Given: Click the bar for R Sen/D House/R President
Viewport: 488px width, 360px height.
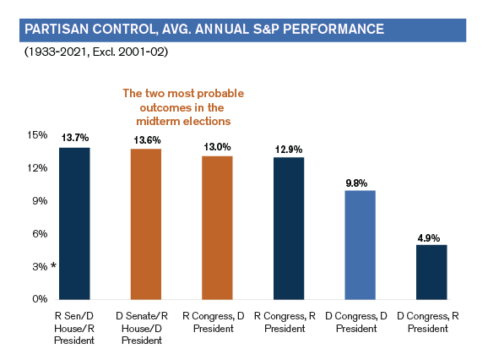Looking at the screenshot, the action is point(74,224).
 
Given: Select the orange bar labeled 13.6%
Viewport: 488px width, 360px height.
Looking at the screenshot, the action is point(146,224).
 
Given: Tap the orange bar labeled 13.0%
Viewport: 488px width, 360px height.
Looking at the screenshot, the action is point(217,227).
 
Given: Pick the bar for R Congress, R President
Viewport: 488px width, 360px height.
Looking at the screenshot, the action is point(289,228).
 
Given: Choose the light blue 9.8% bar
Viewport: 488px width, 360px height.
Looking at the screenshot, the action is point(360,245).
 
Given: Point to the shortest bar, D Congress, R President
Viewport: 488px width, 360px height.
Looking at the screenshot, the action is point(431,272).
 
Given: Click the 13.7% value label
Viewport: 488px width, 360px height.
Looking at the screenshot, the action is point(75,138).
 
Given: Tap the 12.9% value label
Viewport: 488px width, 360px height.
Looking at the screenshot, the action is point(289,150).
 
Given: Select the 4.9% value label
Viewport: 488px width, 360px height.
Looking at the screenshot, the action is point(429,238).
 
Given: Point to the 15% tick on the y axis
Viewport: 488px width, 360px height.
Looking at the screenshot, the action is point(37,135).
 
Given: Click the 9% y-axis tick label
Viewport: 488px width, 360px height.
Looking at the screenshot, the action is point(40,201).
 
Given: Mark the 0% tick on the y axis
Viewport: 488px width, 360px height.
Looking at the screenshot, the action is point(40,299).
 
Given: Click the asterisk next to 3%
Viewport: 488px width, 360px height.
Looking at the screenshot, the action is point(53,265).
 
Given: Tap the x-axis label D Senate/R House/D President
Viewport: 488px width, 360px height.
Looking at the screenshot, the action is point(142,328).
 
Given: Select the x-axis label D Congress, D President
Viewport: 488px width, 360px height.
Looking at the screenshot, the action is point(356,322).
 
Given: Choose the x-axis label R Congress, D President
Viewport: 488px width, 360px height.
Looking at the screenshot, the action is point(214,322).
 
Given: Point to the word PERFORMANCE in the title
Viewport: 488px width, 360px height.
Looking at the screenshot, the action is point(333,30).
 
